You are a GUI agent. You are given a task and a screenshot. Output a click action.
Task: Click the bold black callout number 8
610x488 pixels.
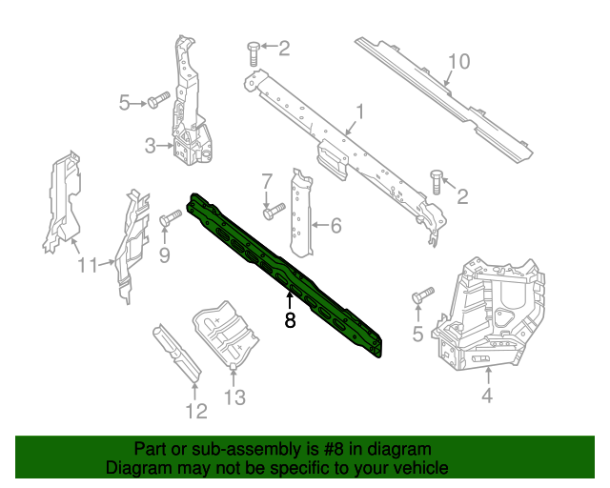pyautogui.click(x=290, y=321)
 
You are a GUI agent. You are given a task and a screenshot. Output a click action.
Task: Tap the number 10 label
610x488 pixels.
pyautogui.click(x=458, y=62)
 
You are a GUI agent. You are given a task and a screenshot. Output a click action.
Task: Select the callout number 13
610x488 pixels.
pyautogui.click(x=234, y=396)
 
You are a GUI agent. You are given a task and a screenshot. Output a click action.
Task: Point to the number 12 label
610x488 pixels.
pyautogui.click(x=195, y=412)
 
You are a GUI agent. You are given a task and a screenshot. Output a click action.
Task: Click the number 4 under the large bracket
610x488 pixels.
pyautogui.click(x=486, y=396)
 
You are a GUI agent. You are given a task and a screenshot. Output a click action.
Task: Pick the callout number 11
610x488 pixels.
pyautogui.click(x=88, y=265)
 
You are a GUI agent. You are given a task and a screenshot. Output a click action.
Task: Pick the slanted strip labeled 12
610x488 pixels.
pyautogui.click(x=178, y=353)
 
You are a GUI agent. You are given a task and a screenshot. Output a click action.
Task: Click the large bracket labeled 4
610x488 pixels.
pyautogui.click(x=491, y=315)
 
